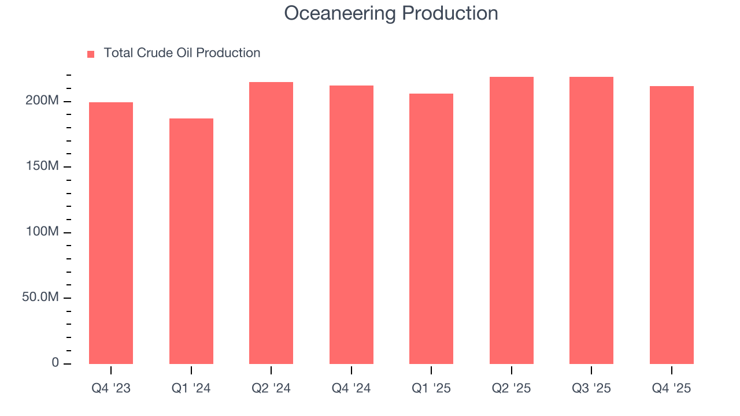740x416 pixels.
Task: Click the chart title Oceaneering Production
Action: (391, 13)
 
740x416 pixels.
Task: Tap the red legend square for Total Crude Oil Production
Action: (91, 54)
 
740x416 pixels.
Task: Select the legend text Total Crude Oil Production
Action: (182, 53)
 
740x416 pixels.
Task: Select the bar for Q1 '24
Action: (191, 241)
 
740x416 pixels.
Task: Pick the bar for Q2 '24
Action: (271, 223)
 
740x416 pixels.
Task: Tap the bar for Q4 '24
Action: (351, 225)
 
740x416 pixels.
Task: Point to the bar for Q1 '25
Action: (431, 229)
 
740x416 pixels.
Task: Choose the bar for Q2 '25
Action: (512, 220)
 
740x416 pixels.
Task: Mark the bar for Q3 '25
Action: (591, 220)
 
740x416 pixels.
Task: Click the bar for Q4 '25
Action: (672, 225)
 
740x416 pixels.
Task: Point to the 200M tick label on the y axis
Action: (43, 101)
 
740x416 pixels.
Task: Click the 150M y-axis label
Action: (43, 166)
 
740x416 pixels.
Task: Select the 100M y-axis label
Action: (43, 232)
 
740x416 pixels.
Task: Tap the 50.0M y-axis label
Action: (42, 297)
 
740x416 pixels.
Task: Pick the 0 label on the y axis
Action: (55, 363)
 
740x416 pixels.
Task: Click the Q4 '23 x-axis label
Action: (111, 388)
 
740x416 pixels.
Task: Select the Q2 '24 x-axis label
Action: (271, 388)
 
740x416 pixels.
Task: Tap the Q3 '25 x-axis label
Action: (591, 388)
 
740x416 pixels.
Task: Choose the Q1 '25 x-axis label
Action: (431, 388)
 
